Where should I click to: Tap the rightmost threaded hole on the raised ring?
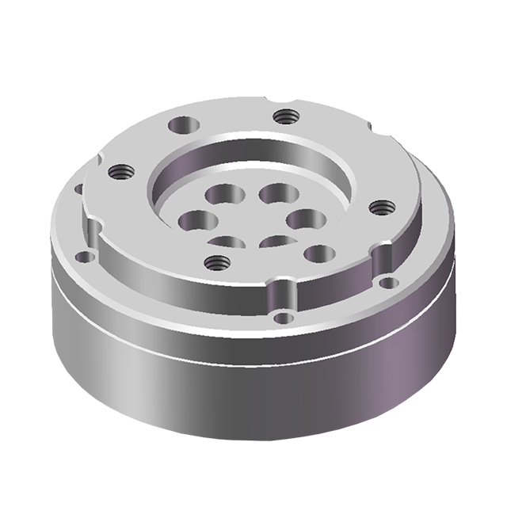(x=382, y=208)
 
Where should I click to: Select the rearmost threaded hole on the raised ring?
(x=285, y=116)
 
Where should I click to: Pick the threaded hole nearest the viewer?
(x=216, y=261)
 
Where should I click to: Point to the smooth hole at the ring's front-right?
(x=318, y=253)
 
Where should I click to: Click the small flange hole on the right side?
(x=387, y=282)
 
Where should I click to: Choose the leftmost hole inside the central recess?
(x=193, y=221)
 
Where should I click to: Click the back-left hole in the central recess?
(x=222, y=193)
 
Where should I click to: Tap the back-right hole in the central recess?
(x=276, y=192)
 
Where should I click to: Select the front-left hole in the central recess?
(x=227, y=242)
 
